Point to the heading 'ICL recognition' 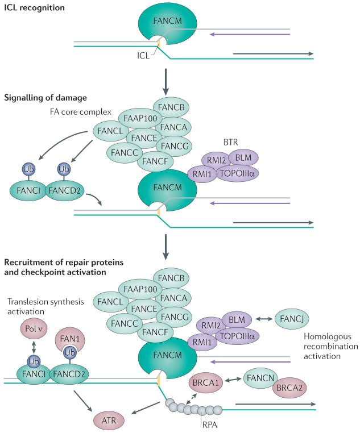pos(34,8)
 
